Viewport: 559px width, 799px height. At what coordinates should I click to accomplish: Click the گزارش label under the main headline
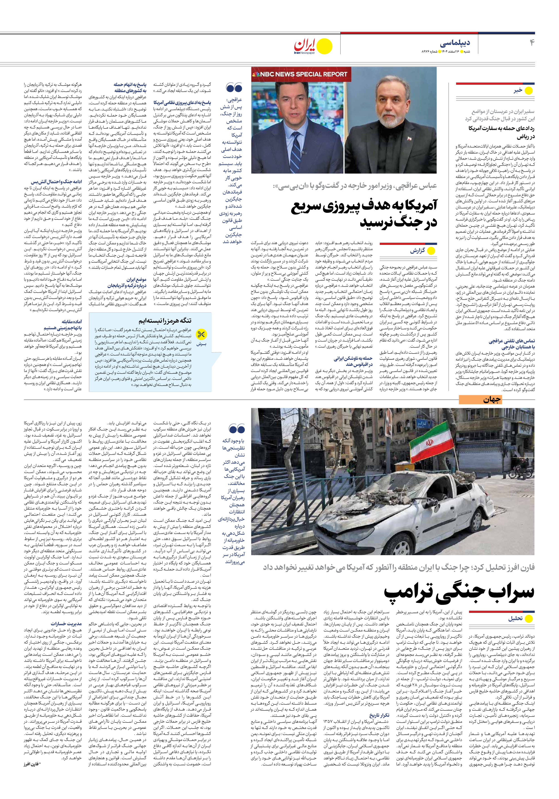417,251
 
